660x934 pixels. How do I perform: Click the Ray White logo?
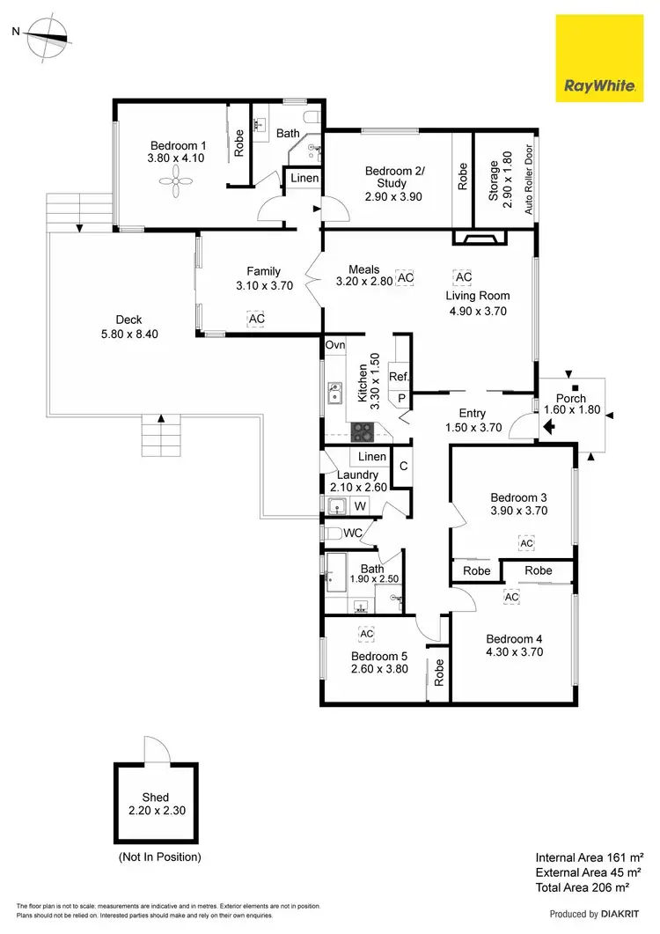[600, 58]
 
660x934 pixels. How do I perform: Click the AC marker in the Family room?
[256, 319]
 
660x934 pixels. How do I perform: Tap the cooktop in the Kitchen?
[363, 431]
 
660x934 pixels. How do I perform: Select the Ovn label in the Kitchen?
[335, 345]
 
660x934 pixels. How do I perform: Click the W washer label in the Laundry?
[360, 506]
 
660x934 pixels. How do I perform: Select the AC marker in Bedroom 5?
[367, 633]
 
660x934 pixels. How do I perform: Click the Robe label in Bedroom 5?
[436, 674]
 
